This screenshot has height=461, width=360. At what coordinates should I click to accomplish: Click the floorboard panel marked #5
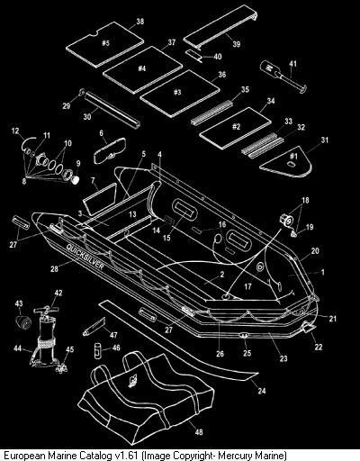pos(104,44)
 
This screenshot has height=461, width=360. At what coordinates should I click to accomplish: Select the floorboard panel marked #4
pos(143,70)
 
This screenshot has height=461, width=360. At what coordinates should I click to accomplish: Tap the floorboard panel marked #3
pos(180,94)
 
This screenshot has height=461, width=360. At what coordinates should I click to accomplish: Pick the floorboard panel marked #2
pos(235,128)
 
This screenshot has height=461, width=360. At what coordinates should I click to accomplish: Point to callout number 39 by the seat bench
pos(237,44)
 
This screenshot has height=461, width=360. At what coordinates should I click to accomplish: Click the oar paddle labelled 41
pos(283,77)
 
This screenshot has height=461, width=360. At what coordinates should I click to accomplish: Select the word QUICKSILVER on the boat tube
pos(85,257)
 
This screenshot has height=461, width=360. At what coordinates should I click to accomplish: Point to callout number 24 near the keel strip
pos(262,391)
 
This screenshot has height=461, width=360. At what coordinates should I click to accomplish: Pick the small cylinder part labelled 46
pos(97,350)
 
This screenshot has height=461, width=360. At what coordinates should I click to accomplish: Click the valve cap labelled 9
pos(75,180)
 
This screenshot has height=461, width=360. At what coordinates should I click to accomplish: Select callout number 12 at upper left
pos(15,131)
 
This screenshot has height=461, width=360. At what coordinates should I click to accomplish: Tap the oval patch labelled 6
pos(111,150)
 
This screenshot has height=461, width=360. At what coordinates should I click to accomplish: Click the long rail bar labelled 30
pos(112,110)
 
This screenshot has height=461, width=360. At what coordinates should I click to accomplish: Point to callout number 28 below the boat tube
pos(54,268)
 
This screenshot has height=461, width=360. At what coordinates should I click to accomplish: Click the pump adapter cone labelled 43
pos(23,321)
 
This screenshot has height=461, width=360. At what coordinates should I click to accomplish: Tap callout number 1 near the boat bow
pos(323,272)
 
